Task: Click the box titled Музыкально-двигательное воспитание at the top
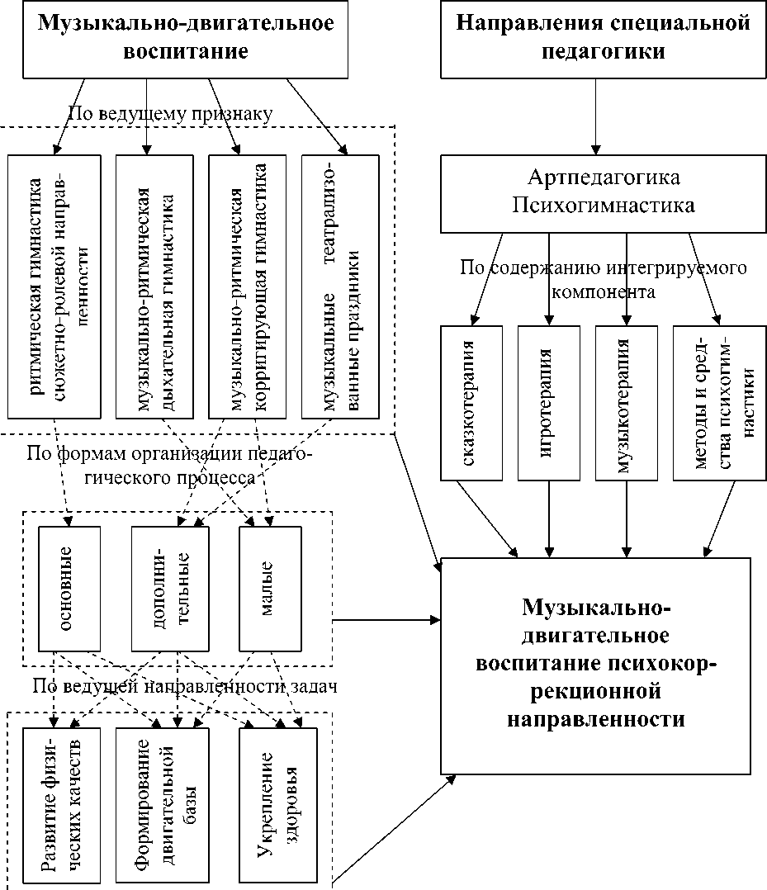point(186,39)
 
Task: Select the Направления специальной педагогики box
point(603,39)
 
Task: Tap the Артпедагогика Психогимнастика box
point(603,192)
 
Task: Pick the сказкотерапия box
point(471,403)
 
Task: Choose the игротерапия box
point(549,403)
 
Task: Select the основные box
point(69,588)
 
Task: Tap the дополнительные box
point(170,588)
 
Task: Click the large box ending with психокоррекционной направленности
point(595,664)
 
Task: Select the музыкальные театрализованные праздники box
point(340,286)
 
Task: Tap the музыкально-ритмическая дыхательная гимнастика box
point(154,286)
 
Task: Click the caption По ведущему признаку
point(170,113)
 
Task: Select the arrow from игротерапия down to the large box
point(549,518)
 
